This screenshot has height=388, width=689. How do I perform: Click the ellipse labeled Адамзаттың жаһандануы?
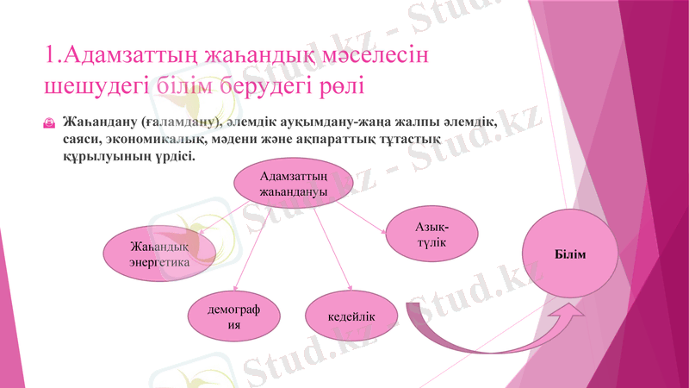pos(293,184)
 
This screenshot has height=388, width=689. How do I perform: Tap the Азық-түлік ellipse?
pos(431,235)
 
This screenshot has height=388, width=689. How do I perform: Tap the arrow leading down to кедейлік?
pos(332,250)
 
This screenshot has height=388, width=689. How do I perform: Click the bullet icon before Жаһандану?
pos(50,123)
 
